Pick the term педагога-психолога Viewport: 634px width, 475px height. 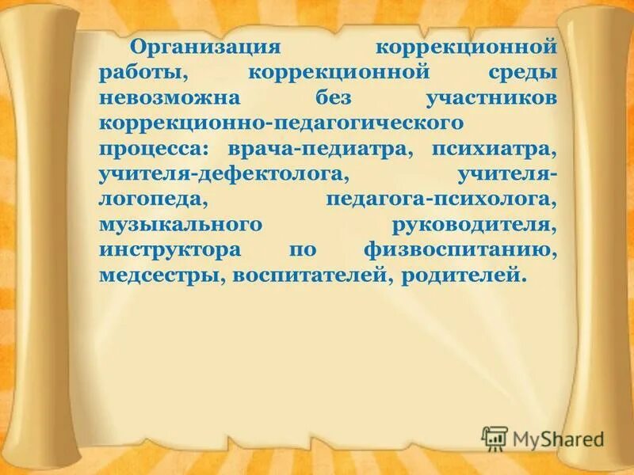pyautogui.click(x=439, y=199)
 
